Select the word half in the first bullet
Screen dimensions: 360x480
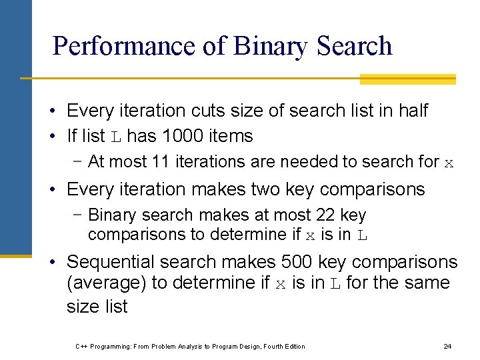click(413, 110)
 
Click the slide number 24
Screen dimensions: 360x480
click(447, 346)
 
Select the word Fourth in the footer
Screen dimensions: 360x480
click(271, 346)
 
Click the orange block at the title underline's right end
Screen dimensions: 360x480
click(407, 79)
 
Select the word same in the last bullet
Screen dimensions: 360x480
click(427, 283)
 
